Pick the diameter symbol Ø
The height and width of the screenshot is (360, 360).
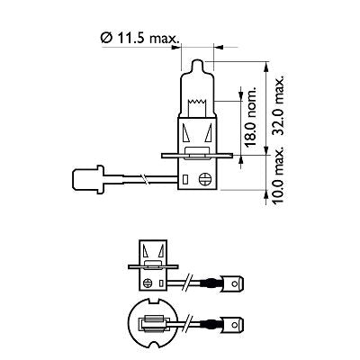click(x=106, y=39)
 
